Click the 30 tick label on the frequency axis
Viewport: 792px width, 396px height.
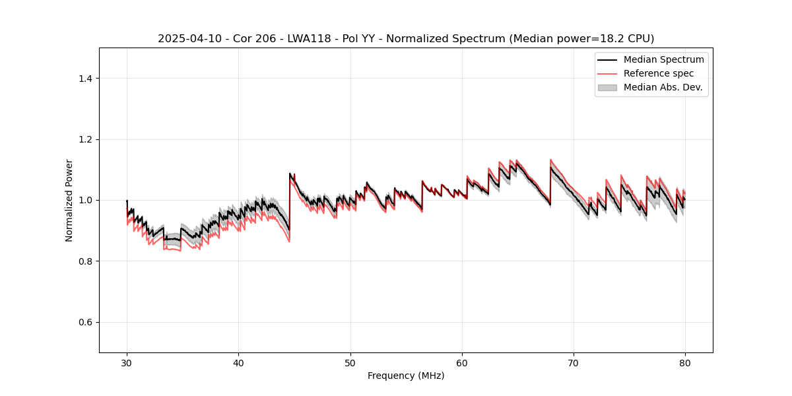coord(127,362)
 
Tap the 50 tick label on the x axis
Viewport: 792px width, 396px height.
coord(350,362)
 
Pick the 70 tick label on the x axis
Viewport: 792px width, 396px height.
coord(574,362)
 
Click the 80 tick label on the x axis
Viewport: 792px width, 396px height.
coord(685,362)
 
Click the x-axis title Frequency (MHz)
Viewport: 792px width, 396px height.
coord(406,376)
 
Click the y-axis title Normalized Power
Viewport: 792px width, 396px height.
coord(69,200)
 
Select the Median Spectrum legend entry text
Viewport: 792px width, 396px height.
coord(663,60)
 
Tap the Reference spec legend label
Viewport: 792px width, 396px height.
coord(659,73)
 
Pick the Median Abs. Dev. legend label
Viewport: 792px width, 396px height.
coord(663,87)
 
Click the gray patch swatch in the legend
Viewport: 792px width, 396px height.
coord(607,87)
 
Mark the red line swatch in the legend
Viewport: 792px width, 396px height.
coord(607,73)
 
